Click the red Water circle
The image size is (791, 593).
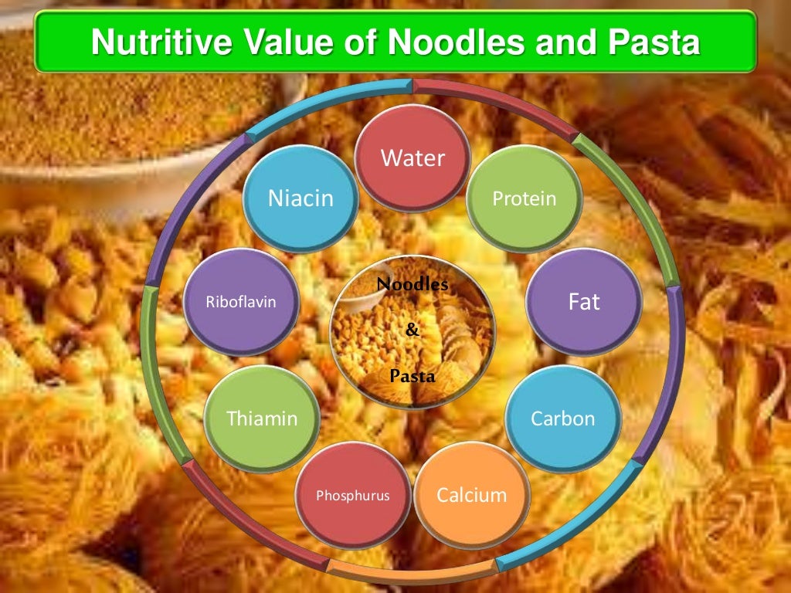pyautogui.click(x=413, y=158)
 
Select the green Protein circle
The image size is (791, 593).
pyautogui.click(x=525, y=198)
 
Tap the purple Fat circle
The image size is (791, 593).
pyautogui.click(x=584, y=301)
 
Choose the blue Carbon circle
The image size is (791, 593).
pyautogui.click(x=562, y=418)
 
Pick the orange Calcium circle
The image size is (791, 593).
pyautogui.click(x=472, y=495)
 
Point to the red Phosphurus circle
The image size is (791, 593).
pyautogui.click(x=353, y=495)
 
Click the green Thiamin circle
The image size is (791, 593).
pyautogui.click(x=262, y=418)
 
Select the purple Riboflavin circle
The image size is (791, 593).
pyautogui.click(x=241, y=301)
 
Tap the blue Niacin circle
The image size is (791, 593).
pyautogui.click(x=300, y=198)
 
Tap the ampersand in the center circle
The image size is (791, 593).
pyautogui.click(x=412, y=330)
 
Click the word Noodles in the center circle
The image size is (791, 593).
pyautogui.click(x=412, y=284)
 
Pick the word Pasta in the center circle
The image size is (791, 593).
pyautogui.click(x=412, y=377)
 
